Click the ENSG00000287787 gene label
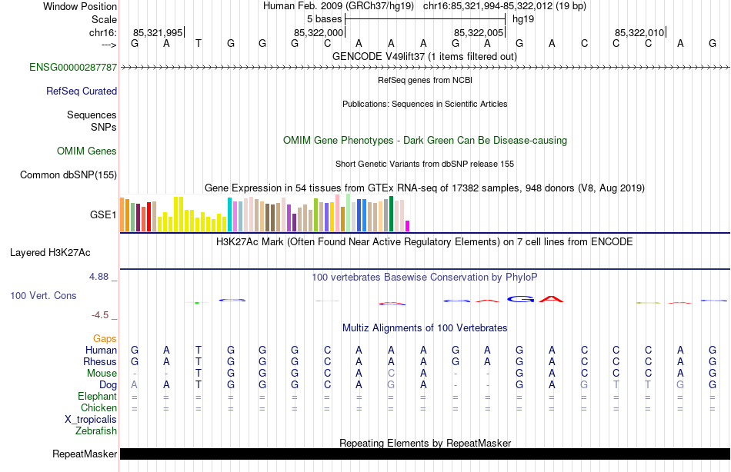[x=73, y=68]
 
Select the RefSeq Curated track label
[x=81, y=91]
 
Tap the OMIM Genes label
[x=86, y=151]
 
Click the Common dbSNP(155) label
[x=68, y=175]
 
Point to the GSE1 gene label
[x=103, y=215]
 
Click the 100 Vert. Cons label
[x=43, y=296]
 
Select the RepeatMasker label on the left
[x=85, y=454]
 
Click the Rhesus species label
[x=100, y=362]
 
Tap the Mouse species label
[x=102, y=374]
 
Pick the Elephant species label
[x=97, y=397]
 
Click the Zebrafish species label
[x=96, y=431]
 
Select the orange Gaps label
[x=105, y=339]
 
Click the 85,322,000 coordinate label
[x=319, y=32]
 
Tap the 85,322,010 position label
[x=639, y=32]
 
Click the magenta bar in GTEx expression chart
[x=408, y=225]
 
